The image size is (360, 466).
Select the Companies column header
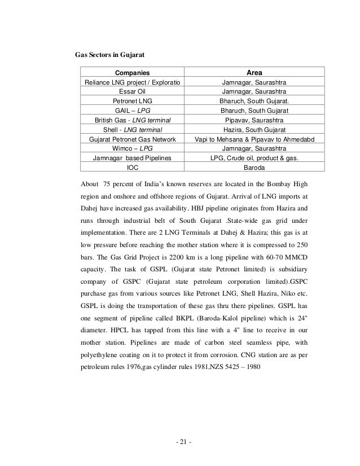[133, 73]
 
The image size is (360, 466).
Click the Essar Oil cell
[133, 91]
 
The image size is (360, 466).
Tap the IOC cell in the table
[133, 167]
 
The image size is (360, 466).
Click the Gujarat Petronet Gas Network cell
[133, 139]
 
